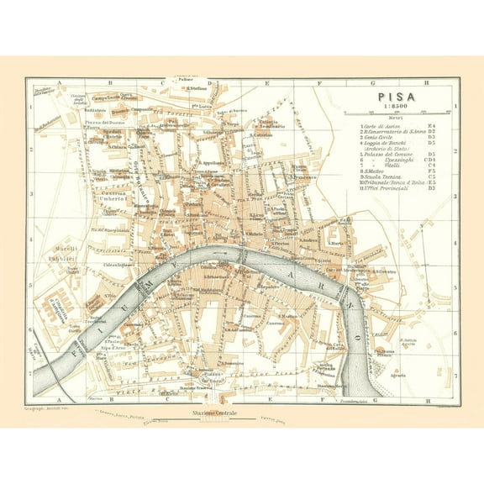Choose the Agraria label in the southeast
click(409, 367)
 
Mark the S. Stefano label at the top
click(197, 87)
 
